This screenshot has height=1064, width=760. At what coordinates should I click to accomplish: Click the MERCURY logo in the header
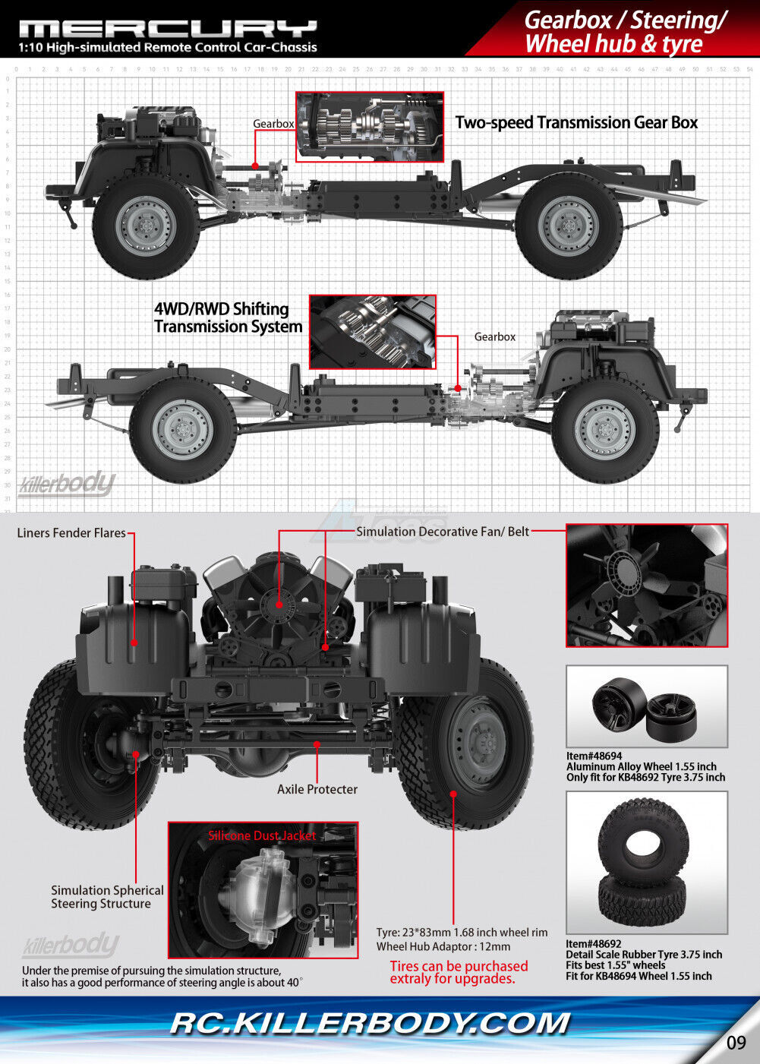pyautogui.click(x=167, y=29)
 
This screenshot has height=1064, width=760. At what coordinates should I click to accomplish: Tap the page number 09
pyautogui.click(x=736, y=1043)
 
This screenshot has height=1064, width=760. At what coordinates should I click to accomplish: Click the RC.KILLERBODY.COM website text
pyautogui.click(x=370, y=1023)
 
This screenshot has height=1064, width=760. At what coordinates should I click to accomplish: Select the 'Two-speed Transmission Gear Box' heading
pyautogui.click(x=576, y=123)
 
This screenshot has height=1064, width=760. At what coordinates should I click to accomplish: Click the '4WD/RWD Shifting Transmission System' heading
pyautogui.click(x=228, y=318)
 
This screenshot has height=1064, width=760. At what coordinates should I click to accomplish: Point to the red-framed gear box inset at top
pyautogui.click(x=369, y=127)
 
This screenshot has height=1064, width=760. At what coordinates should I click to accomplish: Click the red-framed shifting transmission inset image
pyautogui.click(x=372, y=332)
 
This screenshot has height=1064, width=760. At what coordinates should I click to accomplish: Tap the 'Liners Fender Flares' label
pyautogui.click(x=71, y=533)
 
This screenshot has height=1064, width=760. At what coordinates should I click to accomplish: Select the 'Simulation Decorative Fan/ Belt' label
pyautogui.click(x=443, y=532)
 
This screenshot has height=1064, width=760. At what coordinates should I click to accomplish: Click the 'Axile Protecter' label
pyautogui.click(x=317, y=789)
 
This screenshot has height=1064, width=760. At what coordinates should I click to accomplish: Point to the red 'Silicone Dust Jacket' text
pyautogui.click(x=262, y=835)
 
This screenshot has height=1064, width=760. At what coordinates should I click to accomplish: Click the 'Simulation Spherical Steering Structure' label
pyautogui.click(x=107, y=897)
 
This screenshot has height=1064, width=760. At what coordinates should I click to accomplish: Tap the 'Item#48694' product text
pyautogui.click(x=594, y=756)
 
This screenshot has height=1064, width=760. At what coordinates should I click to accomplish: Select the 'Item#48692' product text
pyautogui.click(x=594, y=944)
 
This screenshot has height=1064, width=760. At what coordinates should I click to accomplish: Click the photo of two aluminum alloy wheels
pyautogui.click(x=646, y=706)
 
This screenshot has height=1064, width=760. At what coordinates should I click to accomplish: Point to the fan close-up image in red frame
pyautogui.click(x=646, y=585)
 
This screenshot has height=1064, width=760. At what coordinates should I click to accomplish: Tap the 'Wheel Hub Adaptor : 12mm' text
pyautogui.click(x=443, y=946)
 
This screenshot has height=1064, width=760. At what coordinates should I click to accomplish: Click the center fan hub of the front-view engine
pyautogui.click(x=277, y=604)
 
